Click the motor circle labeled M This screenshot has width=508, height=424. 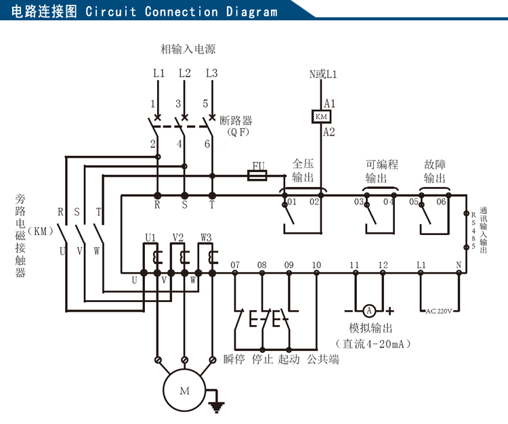pos(185,391)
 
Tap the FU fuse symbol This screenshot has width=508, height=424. pos(258,175)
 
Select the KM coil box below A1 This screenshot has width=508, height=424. pos(320,116)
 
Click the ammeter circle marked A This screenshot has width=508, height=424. pos(369,310)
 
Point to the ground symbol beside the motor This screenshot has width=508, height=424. pos(217,405)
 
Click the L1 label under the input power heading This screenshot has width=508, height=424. pos(158,73)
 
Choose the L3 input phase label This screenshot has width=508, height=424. pos(211,73)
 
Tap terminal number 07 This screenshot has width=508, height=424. pos(235,265)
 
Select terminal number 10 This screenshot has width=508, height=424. pos(316,265)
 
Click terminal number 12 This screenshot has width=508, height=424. pos(383,265)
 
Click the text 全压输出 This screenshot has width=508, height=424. pos(303,171)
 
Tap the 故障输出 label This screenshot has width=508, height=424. pos(434,171)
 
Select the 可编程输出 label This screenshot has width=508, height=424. pos(381,171)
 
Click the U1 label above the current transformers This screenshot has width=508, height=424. pos(150,237)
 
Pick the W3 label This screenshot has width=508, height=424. pos(206,237)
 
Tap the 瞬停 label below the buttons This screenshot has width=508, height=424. pos(234,359)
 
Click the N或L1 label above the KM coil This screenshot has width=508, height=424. pos(323,73)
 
